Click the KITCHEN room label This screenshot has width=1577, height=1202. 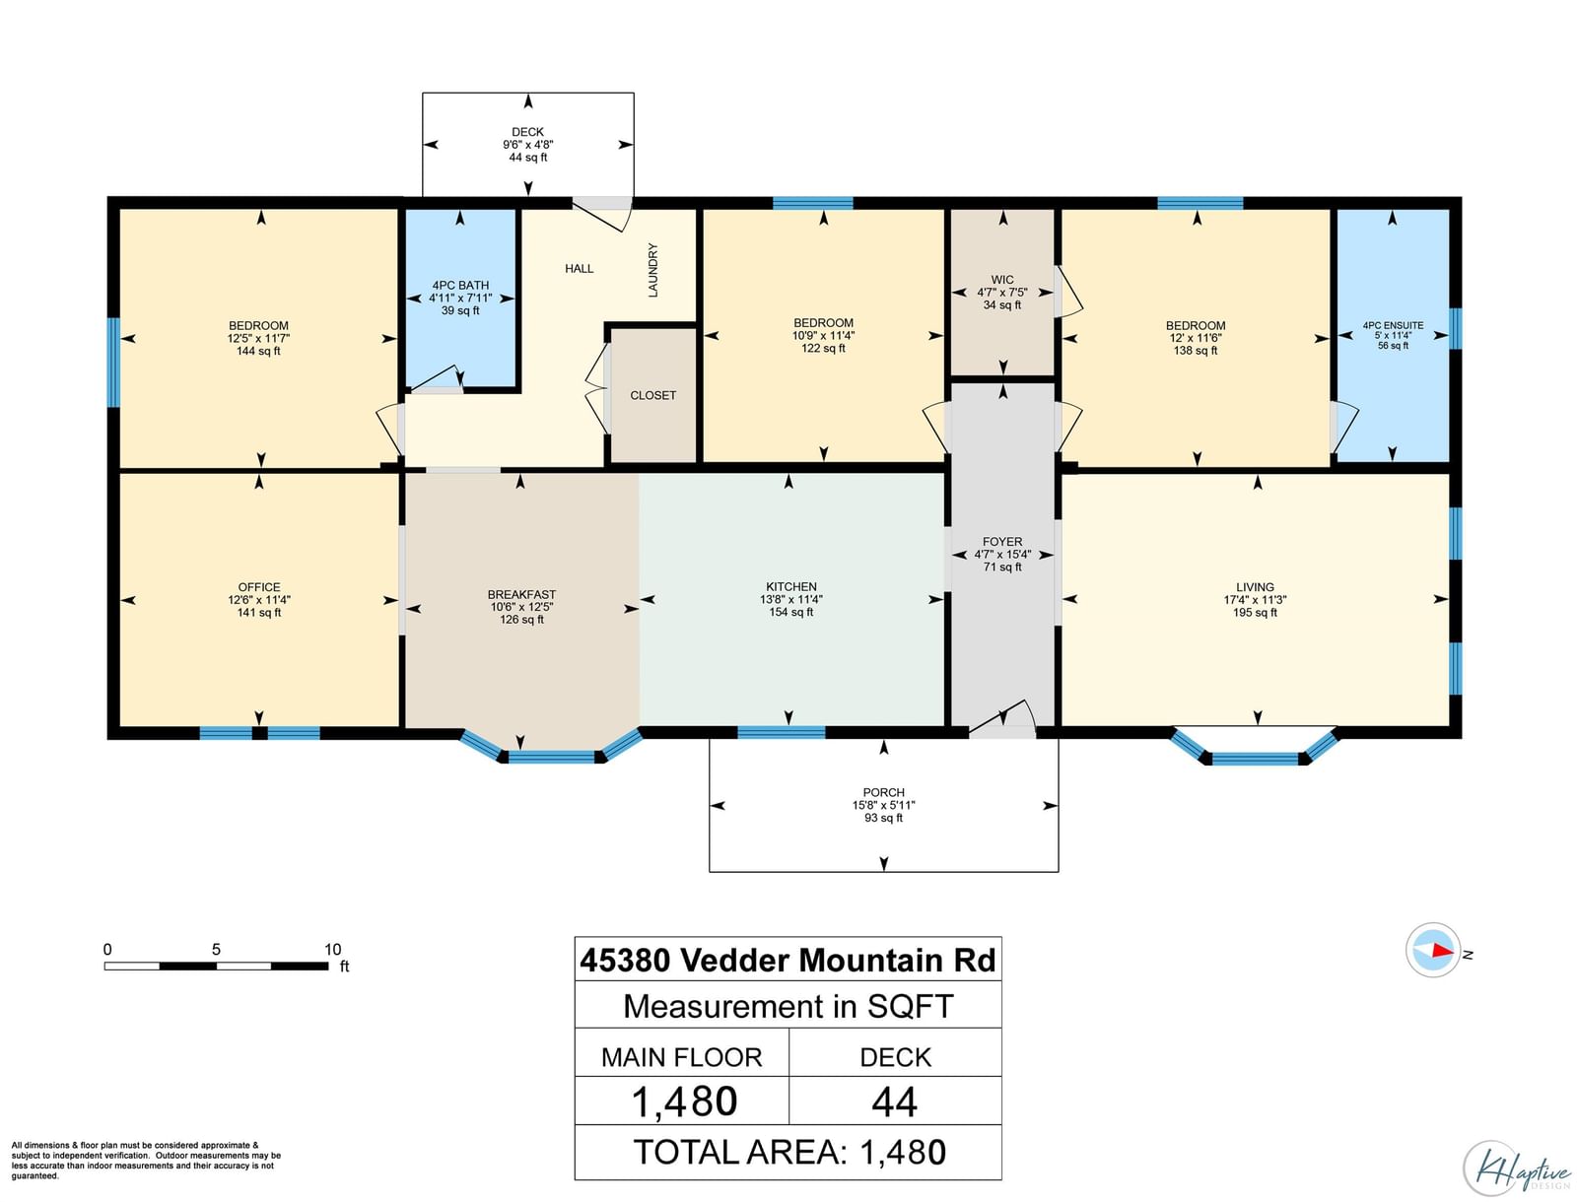(x=791, y=586)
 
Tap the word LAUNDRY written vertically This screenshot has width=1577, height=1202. (x=652, y=270)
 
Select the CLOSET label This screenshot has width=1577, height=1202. (x=652, y=395)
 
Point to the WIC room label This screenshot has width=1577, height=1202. (x=1002, y=280)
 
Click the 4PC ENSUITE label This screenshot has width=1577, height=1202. (x=1393, y=325)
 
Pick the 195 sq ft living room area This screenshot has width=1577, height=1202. (x=1255, y=613)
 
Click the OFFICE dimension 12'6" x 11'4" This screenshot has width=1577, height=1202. (x=259, y=600)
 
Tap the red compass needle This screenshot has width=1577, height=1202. (x=1443, y=951)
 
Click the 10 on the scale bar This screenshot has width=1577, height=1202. (x=332, y=949)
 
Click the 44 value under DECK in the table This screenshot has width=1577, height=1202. (x=895, y=1102)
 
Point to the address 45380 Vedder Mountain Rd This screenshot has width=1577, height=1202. (x=788, y=960)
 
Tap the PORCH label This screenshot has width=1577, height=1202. (x=884, y=792)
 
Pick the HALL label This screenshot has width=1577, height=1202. (x=580, y=269)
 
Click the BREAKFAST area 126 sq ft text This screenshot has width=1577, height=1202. (x=521, y=620)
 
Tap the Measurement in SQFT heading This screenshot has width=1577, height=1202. (x=788, y=1006)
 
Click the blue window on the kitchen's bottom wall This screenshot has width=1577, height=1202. (x=781, y=732)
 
